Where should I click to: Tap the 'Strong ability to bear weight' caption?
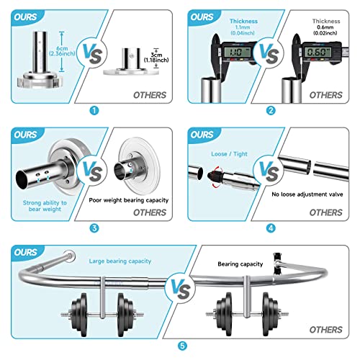[44, 206]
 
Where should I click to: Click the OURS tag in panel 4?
[203, 134]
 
